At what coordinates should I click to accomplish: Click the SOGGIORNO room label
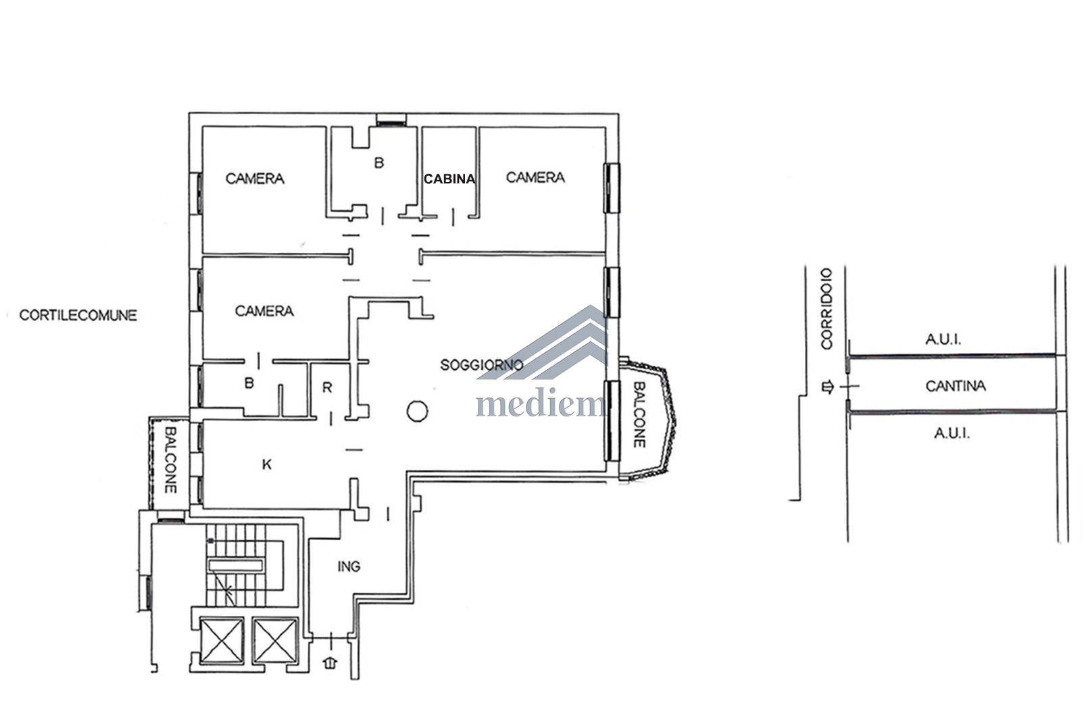[x=481, y=364]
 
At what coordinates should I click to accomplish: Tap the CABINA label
[x=449, y=179]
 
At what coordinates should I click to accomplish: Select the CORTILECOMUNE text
[x=78, y=315]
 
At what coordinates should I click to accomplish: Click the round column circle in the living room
[x=417, y=411]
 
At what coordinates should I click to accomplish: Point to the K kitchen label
[x=267, y=465]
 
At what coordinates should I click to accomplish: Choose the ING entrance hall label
[x=349, y=566]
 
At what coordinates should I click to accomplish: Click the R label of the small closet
[x=327, y=387]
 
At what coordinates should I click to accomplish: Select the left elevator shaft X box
[x=221, y=641]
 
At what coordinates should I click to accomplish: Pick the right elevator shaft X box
[x=274, y=641]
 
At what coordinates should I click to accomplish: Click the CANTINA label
[x=956, y=386]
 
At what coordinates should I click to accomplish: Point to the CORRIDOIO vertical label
[x=827, y=308]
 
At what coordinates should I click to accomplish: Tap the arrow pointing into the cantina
[x=828, y=387]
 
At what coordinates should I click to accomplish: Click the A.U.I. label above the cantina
[x=943, y=339]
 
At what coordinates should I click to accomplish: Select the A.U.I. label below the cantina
[x=952, y=433]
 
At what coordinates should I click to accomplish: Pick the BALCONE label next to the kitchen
[x=170, y=460]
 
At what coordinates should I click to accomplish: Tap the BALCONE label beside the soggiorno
[x=639, y=414]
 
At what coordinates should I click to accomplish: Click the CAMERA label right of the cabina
[x=535, y=178]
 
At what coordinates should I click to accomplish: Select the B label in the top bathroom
[x=379, y=163]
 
